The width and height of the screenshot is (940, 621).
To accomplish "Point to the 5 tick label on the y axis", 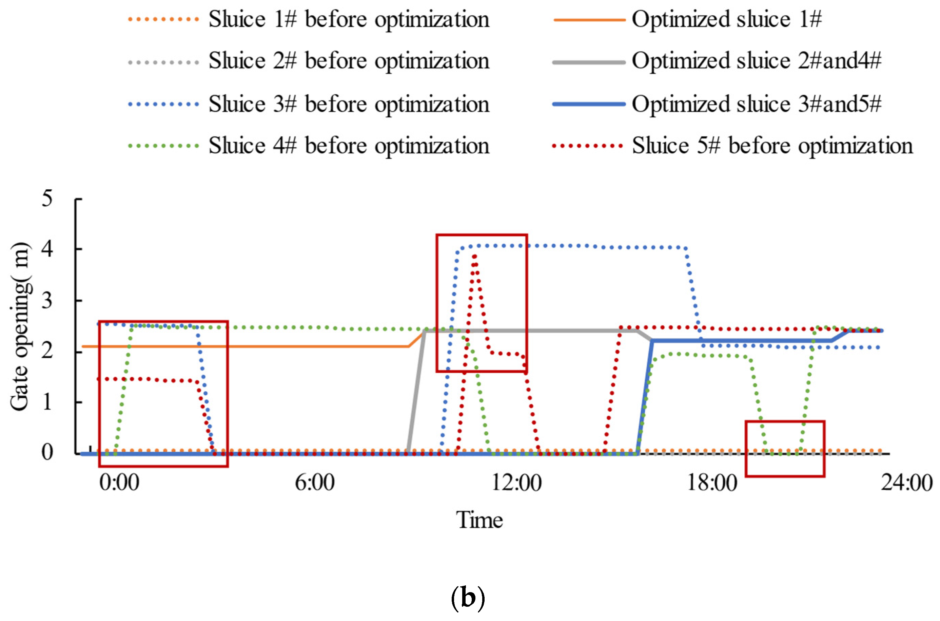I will [47, 199].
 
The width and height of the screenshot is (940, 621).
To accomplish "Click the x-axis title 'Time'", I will [479, 520].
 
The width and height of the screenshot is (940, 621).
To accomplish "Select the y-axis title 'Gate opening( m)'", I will [20, 327].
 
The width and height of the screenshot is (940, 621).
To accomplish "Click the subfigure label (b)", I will [468, 598].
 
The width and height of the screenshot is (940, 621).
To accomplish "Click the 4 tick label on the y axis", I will [47, 249].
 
